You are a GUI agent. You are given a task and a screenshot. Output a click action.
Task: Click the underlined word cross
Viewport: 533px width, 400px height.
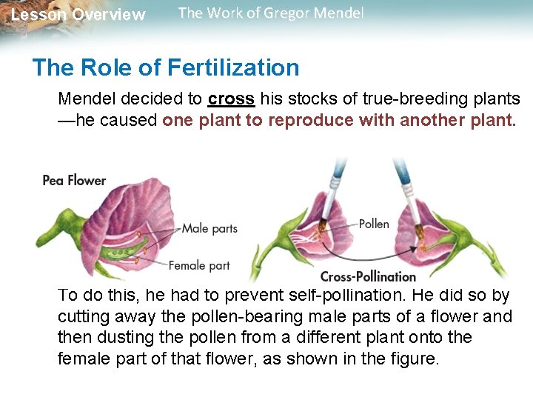(x=231, y=99)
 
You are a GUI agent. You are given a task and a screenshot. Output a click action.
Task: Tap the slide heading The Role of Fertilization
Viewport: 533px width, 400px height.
(x=166, y=68)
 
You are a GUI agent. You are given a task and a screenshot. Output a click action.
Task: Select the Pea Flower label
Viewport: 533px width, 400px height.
(x=74, y=180)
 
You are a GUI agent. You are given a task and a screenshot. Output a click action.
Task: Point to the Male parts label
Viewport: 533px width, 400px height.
(x=209, y=228)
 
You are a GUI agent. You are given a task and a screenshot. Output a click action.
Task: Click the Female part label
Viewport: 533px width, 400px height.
(x=199, y=265)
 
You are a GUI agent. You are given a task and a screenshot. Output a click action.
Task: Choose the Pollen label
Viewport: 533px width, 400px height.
(x=374, y=223)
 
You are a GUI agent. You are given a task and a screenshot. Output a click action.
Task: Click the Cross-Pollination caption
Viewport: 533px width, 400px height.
(x=368, y=276)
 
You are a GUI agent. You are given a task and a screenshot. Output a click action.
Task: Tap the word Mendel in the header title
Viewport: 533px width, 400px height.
(x=339, y=13)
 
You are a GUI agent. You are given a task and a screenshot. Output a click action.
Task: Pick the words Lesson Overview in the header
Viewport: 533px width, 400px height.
(x=78, y=15)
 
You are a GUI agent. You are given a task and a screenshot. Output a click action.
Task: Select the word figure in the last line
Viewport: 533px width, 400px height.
(x=417, y=360)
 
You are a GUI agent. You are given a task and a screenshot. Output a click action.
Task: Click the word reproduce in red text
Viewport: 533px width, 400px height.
(x=310, y=121)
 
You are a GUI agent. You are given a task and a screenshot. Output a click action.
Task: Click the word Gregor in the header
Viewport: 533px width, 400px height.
(x=286, y=13)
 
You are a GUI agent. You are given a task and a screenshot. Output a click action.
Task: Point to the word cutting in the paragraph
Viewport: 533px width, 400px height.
(x=82, y=317)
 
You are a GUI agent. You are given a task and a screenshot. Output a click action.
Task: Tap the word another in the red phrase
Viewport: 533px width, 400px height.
(x=432, y=121)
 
